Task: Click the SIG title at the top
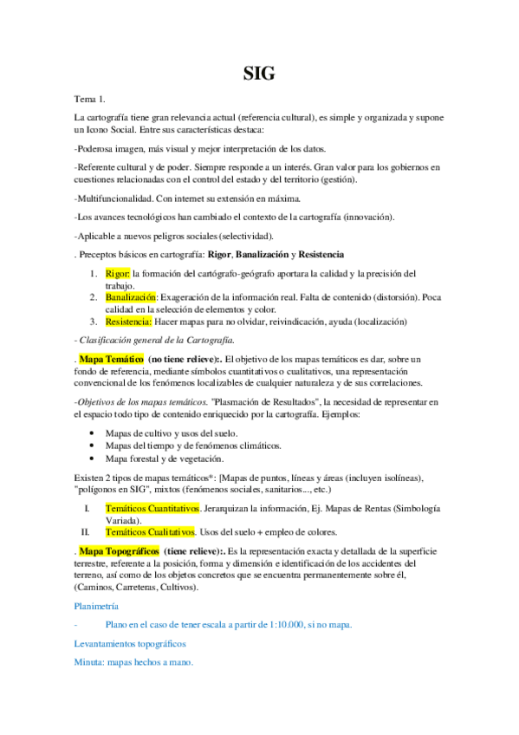(x=259, y=75)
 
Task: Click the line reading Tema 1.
(x=90, y=100)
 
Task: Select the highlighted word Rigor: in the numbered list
(x=120, y=273)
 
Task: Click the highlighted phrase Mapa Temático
(x=111, y=358)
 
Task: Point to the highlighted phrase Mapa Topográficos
(x=118, y=550)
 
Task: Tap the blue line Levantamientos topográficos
(x=130, y=644)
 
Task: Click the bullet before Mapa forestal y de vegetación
(x=93, y=459)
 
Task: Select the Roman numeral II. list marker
(x=86, y=530)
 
